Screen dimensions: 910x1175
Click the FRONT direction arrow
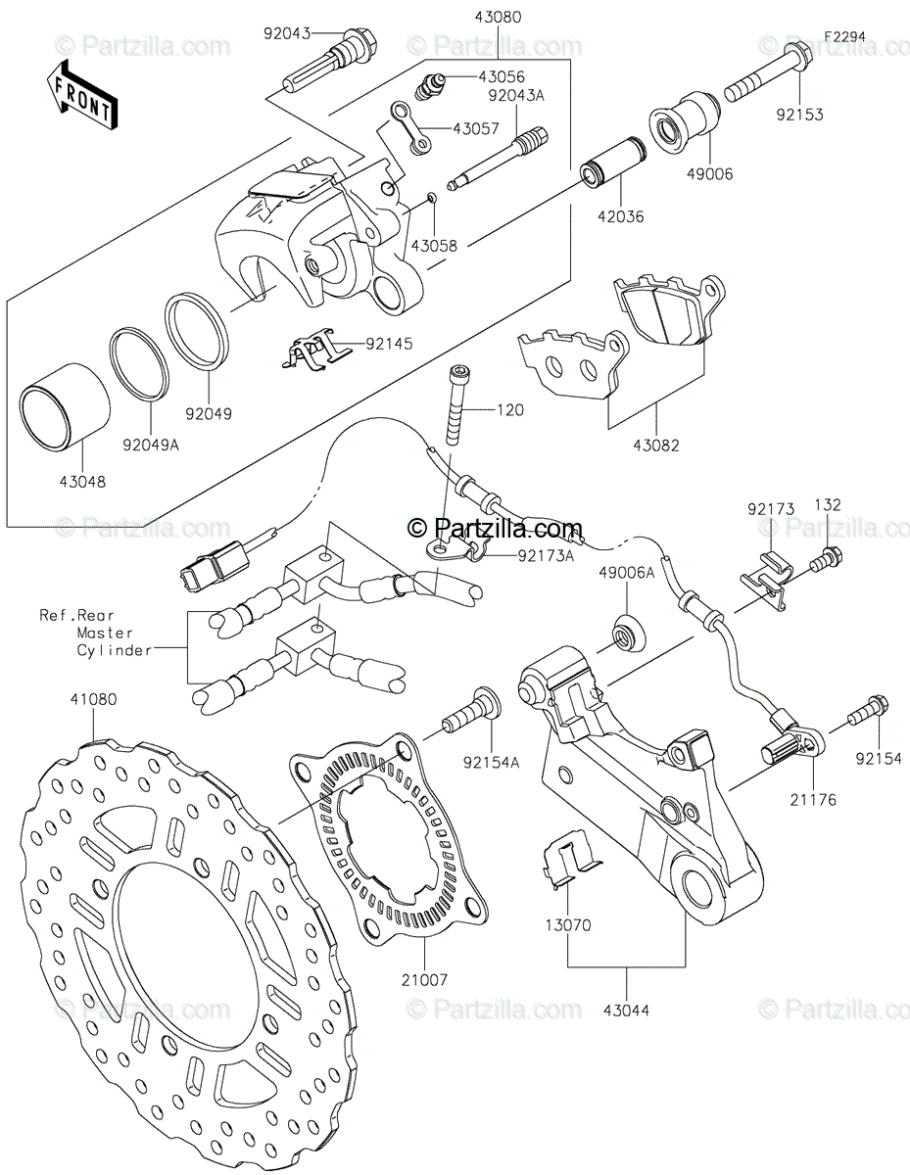pos(81,96)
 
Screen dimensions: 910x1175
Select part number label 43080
pos(498,18)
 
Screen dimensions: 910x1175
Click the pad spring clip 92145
pos(317,349)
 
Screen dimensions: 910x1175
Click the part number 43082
pos(656,446)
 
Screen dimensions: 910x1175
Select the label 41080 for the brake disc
pos(93,699)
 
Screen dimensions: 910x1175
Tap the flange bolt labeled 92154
pos(868,710)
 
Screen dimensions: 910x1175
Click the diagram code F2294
pos(844,37)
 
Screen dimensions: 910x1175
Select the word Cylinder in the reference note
pos(114,650)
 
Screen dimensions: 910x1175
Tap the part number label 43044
pos(627,1010)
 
